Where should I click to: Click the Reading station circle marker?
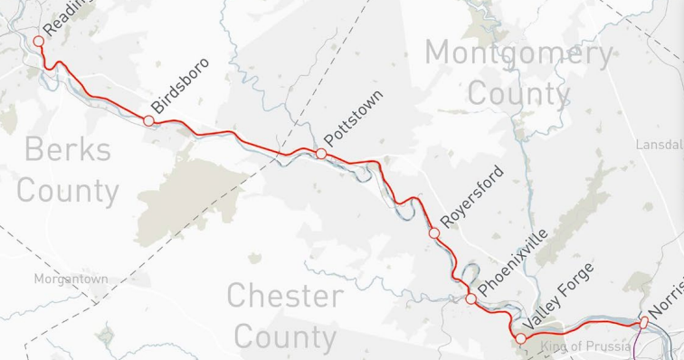tap(38, 41)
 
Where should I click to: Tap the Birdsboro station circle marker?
tap(149, 120)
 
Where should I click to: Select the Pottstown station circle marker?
tap(321, 154)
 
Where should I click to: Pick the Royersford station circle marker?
tap(434, 233)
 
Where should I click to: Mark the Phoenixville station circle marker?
tap(470, 298)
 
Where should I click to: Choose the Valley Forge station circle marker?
tap(520, 338)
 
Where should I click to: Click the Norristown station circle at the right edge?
tap(643, 321)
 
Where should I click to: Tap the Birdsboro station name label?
tap(180, 87)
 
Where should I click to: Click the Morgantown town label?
tap(71, 279)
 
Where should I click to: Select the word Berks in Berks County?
tap(68, 149)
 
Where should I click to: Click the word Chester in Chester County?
tap(285, 296)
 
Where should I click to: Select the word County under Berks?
tap(68, 191)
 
